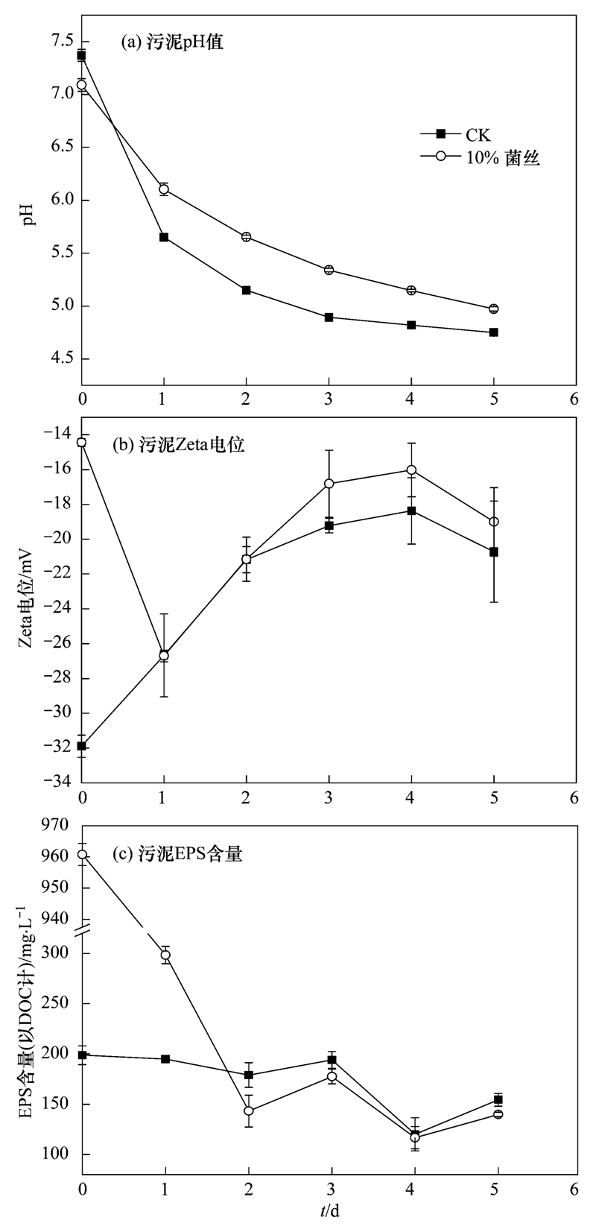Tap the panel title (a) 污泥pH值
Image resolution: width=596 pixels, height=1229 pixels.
pos(173,43)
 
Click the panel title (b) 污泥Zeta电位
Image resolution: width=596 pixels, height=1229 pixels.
pos(179,446)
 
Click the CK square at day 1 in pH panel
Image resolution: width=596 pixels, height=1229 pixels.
pos(164,237)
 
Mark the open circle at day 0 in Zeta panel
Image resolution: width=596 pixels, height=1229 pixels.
pos(81,443)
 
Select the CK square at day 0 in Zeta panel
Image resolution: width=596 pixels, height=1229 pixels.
pos(81,746)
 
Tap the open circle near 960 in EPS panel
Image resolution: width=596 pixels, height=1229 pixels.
pos(82,855)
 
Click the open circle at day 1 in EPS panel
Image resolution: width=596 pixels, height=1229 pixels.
pos(165,955)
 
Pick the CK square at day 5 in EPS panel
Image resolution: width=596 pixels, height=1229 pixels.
pos(498,1100)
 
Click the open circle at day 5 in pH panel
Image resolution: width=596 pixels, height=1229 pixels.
pos(493,309)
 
